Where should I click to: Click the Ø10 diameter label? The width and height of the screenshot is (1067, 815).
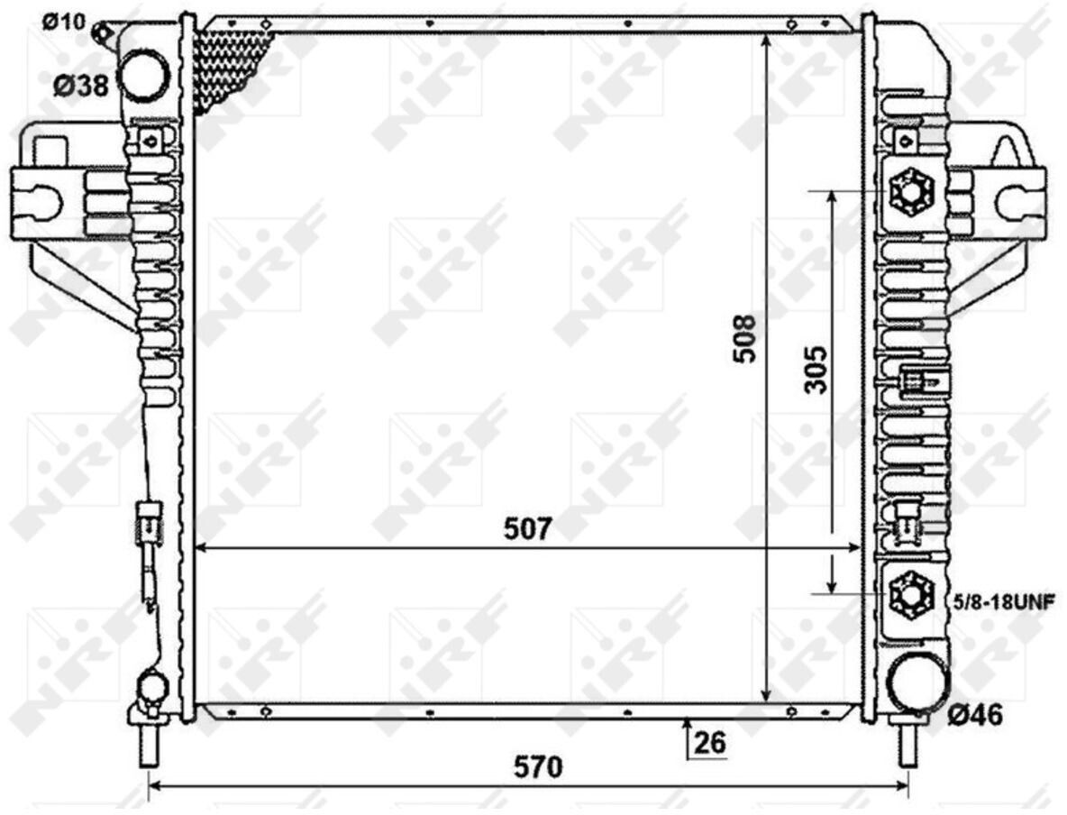[x=64, y=22]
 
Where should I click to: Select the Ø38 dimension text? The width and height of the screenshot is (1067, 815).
[x=81, y=87]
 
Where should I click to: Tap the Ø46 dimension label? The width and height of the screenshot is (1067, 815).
[x=975, y=716]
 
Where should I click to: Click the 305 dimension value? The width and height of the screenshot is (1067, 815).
[x=816, y=370]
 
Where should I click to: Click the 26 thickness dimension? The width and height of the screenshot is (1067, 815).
[x=710, y=742]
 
